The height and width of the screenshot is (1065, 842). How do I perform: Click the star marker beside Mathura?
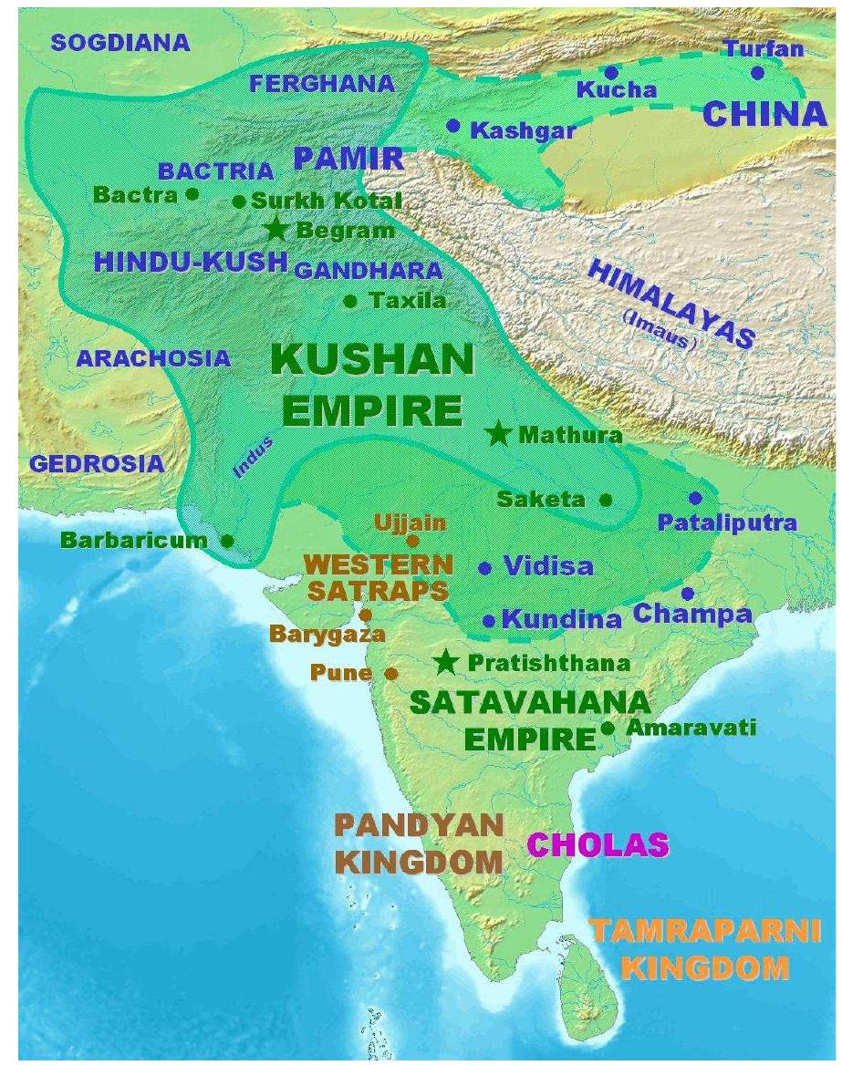pyautogui.click(x=498, y=434)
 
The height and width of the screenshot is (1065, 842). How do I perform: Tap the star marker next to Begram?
pyautogui.click(x=276, y=229)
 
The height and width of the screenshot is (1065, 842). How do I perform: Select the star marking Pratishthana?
pyautogui.click(x=446, y=662)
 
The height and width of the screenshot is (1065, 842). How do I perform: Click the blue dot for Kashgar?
pyautogui.click(x=453, y=126)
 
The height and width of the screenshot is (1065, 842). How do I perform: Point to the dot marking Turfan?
pyautogui.click(x=757, y=72)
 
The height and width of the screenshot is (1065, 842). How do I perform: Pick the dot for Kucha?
pyautogui.click(x=611, y=71)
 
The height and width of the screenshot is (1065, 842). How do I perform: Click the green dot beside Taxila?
pyautogui.click(x=349, y=300)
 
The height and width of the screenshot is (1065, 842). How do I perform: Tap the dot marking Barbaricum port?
pyautogui.click(x=227, y=541)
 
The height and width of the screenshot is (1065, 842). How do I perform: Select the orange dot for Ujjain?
pyautogui.click(x=412, y=541)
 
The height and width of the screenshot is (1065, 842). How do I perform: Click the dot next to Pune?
pyautogui.click(x=391, y=674)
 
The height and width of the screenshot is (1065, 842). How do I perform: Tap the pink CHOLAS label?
pyautogui.click(x=598, y=844)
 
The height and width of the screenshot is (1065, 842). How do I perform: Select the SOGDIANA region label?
pyautogui.click(x=120, y=42)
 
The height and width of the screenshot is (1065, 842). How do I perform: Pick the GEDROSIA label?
pyautogui.click(x=98, y=463)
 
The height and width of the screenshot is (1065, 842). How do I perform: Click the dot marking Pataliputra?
pyautogui.click(x=696, y=498)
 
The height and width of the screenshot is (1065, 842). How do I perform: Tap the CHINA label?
pyautogui.click(x=764, y=114)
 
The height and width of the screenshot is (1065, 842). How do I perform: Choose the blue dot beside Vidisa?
pyautogui.click(x=485, y=567)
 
